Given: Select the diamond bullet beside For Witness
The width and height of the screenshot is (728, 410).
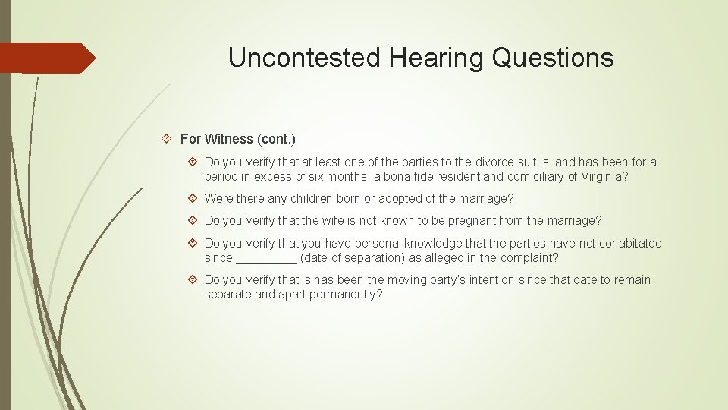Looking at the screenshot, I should pos(168,139).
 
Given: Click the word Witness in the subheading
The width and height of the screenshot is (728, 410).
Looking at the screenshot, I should pos(229,139).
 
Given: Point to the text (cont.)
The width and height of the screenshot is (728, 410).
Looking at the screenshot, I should pos(276,139).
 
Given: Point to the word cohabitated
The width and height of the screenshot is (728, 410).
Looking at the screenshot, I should pos(629,243).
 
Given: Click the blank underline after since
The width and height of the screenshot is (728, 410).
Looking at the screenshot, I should pos(266,258).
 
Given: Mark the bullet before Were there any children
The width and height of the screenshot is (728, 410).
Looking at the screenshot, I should pos(193,199).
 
